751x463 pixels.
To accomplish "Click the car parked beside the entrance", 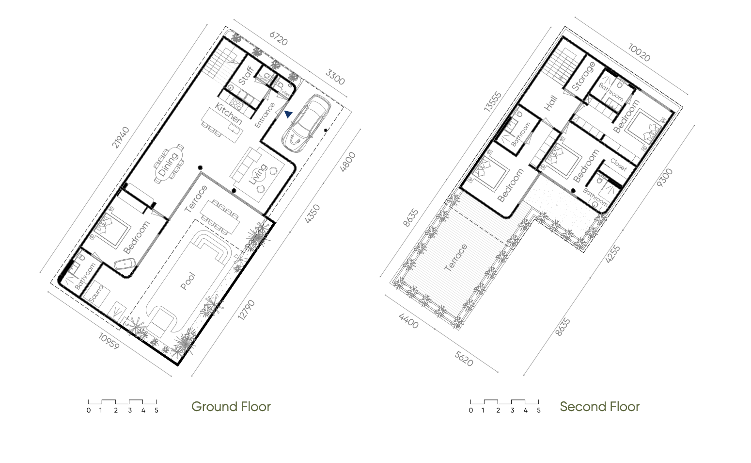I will pyautogui.click(x=306, y=123).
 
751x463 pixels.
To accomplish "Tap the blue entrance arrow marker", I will pyautogui.click(x=288, y=115).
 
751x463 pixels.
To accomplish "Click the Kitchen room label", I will pyautogui.click(x=228, y=114).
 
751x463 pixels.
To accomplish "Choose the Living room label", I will pyautogui.click(x=258, y=174).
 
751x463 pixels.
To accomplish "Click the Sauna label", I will pyautogui.click(x=96, y=294).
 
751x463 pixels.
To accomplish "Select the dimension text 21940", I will pyautogui.click(x=121, y=137).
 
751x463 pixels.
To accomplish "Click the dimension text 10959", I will pyautogui.click(x=108, y=342).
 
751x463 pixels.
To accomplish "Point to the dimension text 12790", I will pyautogui.click(x=247, y=310).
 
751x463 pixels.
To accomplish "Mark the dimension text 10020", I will pyautogui.click(x=639, y=52).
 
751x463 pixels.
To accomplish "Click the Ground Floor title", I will pyautogui.click(x=231, y=407).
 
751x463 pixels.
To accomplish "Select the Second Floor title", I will pyautogui.click(x=599, y=407).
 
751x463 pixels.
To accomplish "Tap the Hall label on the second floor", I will pyautogui.click(x=551, y=103).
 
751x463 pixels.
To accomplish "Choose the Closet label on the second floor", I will pyautogui.click(x=619, y=165).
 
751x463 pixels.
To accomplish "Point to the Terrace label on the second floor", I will pyautogui.click(x=456, y=258).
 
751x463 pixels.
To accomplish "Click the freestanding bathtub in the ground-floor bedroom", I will pyautogui.click(x=125, y=264).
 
